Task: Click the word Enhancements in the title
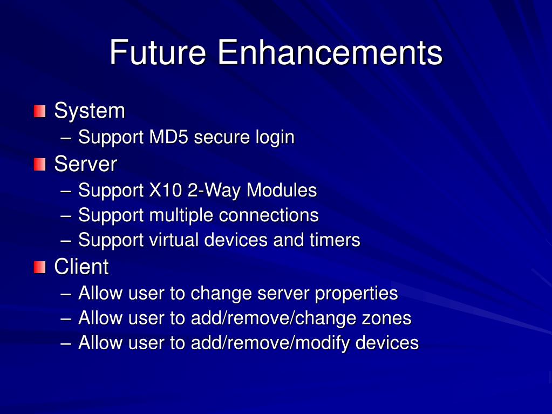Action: point(330,53)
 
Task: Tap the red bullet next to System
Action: point(39,112)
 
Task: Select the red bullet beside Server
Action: point(39,164)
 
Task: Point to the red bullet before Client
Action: point(39,267)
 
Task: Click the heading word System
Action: point(90,112)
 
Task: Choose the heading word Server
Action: point(85,164)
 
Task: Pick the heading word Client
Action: point(81,267)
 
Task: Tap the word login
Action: point(275,138)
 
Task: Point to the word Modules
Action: point(282,191)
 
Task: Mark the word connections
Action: point(269,215)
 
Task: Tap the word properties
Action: point(356,294)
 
